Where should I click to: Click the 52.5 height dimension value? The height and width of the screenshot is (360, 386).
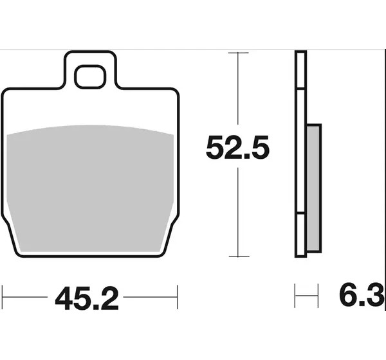[237, 147]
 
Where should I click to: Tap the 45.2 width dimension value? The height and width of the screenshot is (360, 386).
[87, 298]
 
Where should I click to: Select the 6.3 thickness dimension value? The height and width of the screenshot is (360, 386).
[362, 294]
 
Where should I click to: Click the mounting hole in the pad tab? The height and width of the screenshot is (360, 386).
[90, 76]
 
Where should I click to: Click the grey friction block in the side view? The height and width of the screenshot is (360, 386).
[314, 188]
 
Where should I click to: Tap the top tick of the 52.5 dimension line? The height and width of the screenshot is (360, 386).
[238, 53]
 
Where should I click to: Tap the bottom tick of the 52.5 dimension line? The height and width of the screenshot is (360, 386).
[239, 256]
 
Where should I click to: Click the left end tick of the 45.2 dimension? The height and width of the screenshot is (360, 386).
[2, 297]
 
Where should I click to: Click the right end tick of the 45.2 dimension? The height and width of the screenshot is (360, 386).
[178, 297]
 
